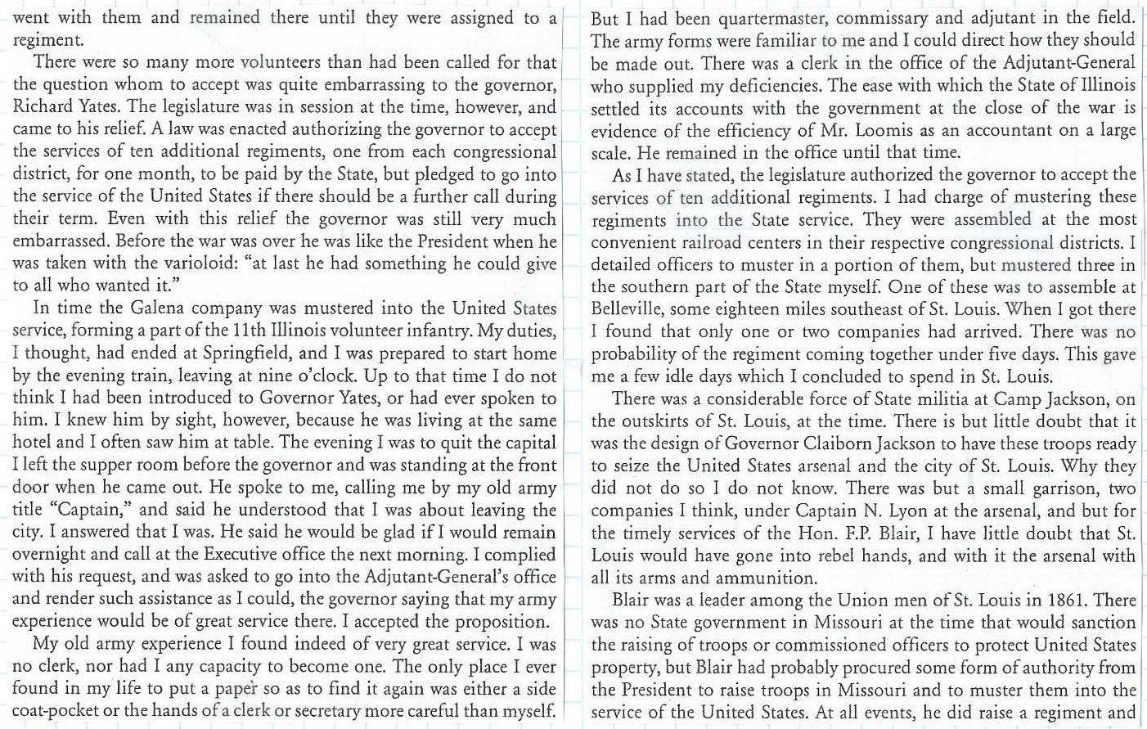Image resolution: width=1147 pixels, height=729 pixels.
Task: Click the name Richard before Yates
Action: (x=44, y=107)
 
